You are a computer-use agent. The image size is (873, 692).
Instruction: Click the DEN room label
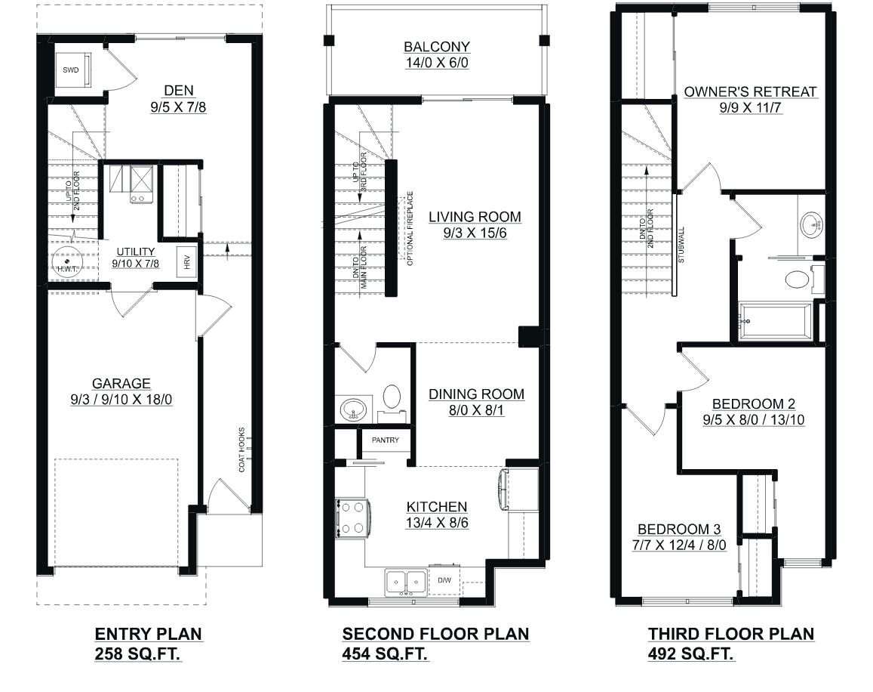[x=179, y=91]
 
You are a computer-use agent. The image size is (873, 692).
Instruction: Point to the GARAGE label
[x=121, y=384]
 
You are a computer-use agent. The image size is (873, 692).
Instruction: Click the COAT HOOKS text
[x=241, y=450]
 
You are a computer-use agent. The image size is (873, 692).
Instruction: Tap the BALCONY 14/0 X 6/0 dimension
[x=437, y=63]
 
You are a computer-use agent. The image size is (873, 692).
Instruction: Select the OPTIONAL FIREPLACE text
[x=410, y=229]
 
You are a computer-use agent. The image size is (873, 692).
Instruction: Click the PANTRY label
[x=386, y=440]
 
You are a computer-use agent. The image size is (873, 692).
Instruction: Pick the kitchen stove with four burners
[x=352, y=518]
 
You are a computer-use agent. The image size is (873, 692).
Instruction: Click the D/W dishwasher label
[x=444, y=580]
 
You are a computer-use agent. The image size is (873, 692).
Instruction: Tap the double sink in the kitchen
[x=406, y=582]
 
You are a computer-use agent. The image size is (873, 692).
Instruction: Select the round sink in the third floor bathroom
[x=812, y=226]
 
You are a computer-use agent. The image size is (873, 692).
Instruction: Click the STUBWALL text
[x=681, y=245]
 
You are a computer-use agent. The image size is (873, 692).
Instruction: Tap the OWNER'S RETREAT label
[x=750, y=91]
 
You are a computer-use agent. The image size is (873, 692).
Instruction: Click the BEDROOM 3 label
[x=679, y=529]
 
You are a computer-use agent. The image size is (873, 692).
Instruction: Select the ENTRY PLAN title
[x=148, y=634]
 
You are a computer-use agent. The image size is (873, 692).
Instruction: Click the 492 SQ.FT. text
[x=691, y=653]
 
